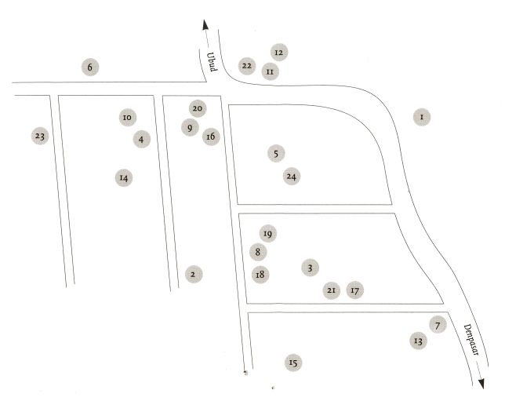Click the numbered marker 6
point(90,67)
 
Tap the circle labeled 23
point(40,137)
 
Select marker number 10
point(126,117)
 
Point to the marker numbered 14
point(123,177)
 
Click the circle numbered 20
point(198,108)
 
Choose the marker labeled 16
point(210,137)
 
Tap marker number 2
point(193,274)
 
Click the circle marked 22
point(247,65)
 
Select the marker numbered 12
point(278,52)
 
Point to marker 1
point(422,117)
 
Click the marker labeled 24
point(292,177)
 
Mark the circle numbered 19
point(267,234)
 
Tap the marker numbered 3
point(311,268)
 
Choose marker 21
point(331,290)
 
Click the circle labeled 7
point(438,324)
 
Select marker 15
point(293,362)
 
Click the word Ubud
point(211,60)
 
